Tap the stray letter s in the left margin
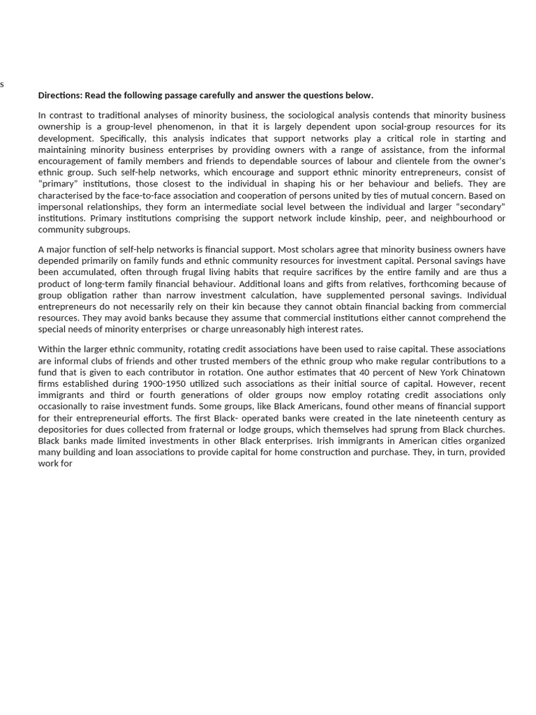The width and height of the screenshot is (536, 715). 2,84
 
